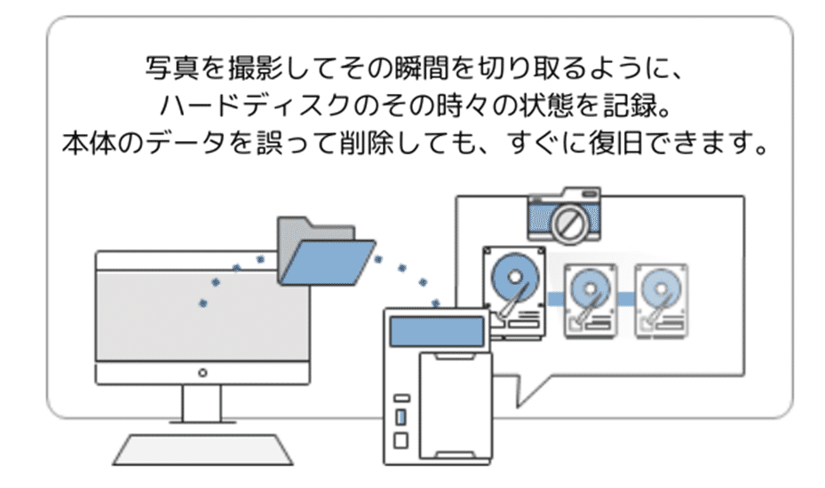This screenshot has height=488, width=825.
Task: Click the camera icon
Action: [562, 216]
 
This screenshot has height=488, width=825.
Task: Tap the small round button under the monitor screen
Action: [203, 373]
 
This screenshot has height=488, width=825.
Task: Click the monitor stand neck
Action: [203, 405]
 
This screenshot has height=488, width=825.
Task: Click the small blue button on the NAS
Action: [401, 416]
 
